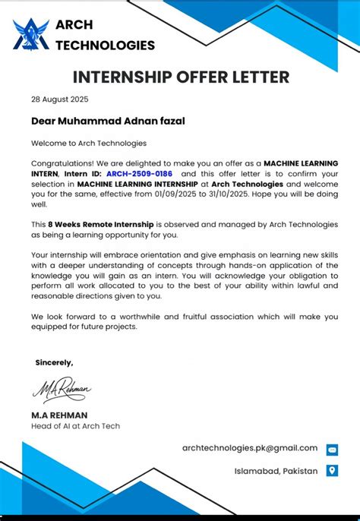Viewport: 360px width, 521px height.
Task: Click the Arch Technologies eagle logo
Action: point(30,33)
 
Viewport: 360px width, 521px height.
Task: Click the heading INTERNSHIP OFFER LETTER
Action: point(181,77)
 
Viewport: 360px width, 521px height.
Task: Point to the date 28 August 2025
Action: point(59,99)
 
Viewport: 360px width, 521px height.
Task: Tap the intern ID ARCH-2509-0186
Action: point(139,173)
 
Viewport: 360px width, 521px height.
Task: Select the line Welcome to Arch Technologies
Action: point(89,143)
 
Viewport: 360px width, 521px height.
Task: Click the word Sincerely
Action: point(55,362)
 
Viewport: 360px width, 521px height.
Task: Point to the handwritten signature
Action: point(62,390)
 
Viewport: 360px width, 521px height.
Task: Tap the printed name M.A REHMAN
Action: point(59,415)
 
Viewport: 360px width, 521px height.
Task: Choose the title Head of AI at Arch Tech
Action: point(75,426)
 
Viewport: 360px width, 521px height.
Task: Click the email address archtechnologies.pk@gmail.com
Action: point(250,448)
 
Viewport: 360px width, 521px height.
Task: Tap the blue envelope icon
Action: point(332,450)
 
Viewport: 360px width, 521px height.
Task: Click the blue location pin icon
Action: point(332,471)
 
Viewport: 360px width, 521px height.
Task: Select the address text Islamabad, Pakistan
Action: point(276,472)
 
